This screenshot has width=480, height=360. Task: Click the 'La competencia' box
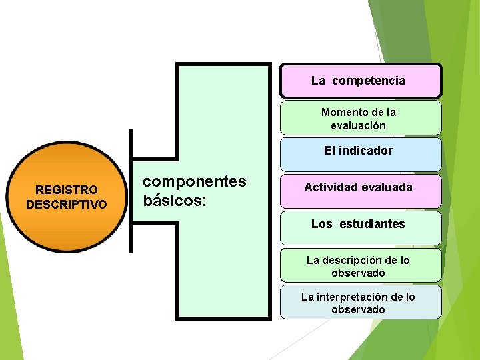click(x=360, y=81)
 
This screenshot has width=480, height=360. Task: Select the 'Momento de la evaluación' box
click(x=360, y=118)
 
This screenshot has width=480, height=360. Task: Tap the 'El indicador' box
click(x=360, y=154)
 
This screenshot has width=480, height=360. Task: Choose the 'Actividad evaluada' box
click(x=360, y=191)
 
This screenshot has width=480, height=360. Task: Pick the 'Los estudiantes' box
click(x=360, y=227)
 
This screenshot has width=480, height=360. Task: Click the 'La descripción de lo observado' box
click(x=360, y=265)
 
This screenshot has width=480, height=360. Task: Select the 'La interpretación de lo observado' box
click(x=360, y=303)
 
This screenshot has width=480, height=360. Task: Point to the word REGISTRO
click(x=66, y=191)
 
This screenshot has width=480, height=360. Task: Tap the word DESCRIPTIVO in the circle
click(x=66, y=204)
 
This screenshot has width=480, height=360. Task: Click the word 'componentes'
click(x=195, y=181)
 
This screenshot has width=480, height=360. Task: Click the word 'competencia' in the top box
click(x=368, y=81)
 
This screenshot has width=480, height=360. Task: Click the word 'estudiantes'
click(x=371, y=224)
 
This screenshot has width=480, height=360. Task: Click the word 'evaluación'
click(x=358, y=125)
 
